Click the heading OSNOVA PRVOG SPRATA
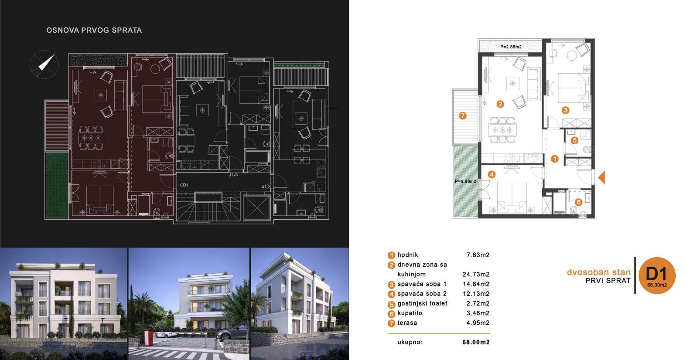[94, 30]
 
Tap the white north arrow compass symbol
[46, 62]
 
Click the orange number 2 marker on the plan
[500, 104]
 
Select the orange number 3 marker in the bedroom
[565, 110]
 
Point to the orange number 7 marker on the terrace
[462, 116]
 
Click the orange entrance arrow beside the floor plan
[602, 177]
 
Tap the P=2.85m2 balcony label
[511, 47]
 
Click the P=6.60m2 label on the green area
[465, 182]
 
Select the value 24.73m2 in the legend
[476, 274]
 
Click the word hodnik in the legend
[408, 255]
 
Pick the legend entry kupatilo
[410, 313]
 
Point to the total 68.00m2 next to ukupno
[476, 342]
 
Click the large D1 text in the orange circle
[656, 274]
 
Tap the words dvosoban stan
[599, 272]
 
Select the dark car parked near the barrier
[232, 334]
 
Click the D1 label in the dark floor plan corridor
[184, 185]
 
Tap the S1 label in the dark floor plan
[266, 187]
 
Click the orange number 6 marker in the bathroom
[578, 202]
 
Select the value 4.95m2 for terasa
[478, 323]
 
